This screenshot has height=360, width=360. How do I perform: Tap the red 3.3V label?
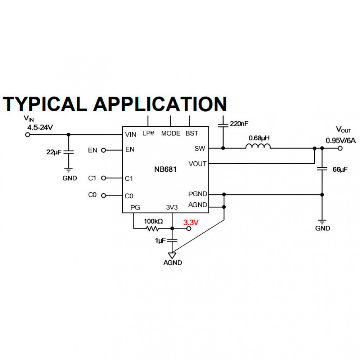click(191, 223)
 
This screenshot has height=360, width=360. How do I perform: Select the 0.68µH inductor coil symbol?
click(258, 146)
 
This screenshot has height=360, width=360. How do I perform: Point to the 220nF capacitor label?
click(239, 123)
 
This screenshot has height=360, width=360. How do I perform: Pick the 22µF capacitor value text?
click(54, 152)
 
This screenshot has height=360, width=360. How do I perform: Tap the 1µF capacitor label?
click(160, 240)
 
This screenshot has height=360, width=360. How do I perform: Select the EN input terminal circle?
click(104, 150)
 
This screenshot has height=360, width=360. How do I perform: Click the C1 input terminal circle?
click(104, 178)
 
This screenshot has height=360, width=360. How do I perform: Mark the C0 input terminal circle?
click(104, 195)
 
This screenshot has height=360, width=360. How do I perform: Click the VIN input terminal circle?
click(27, 135)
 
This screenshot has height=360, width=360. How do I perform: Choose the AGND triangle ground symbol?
click(173, 255)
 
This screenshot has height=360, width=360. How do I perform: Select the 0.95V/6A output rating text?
click(341, 140)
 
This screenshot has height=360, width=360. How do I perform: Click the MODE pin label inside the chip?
click(171, 133)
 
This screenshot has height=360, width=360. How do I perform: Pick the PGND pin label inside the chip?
click(198, 194)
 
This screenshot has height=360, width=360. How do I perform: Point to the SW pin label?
click(200, 148)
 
